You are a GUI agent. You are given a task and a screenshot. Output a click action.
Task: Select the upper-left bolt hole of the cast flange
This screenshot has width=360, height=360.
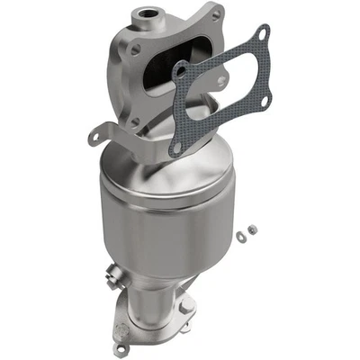tap(136, 50)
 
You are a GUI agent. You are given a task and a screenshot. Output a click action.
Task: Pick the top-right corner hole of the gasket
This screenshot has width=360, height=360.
tap(262, 33)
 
